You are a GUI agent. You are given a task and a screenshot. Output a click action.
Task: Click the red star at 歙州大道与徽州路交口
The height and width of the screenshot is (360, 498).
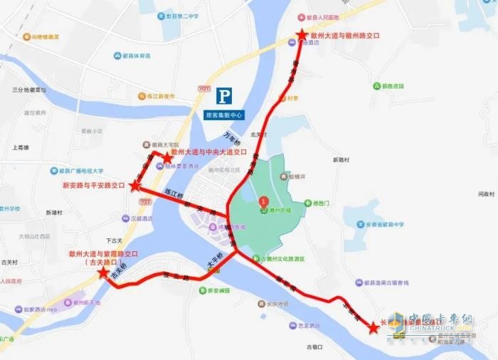(x=302, y=34)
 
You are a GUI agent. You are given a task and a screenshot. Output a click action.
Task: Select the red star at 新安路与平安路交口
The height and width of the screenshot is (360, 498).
(x=135, y=186)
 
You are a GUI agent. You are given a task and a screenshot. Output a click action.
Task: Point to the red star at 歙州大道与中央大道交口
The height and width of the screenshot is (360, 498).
(x=168, y=157)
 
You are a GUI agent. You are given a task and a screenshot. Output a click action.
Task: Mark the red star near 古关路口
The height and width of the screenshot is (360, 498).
(x=104, y=272)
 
